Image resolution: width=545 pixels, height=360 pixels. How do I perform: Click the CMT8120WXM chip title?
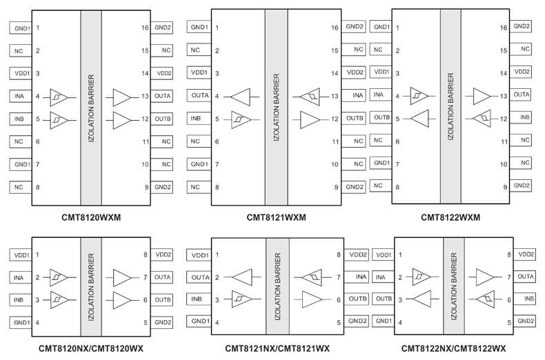(x=91, y=217)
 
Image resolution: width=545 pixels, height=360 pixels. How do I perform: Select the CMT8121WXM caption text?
(x=277, y=217)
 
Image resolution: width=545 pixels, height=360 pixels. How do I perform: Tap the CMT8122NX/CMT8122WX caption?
(x=453, y=348)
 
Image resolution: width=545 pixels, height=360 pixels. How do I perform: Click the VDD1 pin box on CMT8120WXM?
(x=21, y=73)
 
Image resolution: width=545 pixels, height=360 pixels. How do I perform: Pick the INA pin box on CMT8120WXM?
(x=21, y=97)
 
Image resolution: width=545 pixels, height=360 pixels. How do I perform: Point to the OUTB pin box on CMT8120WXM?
(x=161, y=119)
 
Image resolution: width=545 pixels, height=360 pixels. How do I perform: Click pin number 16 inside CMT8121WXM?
(x=335, y=28)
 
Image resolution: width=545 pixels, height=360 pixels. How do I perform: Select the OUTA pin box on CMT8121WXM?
(x=199, y=95)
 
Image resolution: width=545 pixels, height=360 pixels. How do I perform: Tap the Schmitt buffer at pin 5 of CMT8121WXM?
(x=241, y=120)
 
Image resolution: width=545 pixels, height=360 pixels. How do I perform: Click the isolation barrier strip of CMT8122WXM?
(x=450, y=106)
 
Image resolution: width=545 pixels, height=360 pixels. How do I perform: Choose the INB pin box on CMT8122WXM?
(x=521, y=117)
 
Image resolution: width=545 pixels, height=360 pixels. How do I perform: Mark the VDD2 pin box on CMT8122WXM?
(x=521, y=72)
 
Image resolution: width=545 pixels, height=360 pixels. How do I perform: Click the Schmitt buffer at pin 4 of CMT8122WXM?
(x=419, y=96)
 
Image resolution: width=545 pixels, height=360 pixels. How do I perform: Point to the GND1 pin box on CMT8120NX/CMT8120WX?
(x=21, y=323)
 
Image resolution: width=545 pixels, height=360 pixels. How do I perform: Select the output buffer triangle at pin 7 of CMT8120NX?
(x=122, y=278)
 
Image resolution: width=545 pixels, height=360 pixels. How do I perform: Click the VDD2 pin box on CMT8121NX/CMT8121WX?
(x=357, y=254)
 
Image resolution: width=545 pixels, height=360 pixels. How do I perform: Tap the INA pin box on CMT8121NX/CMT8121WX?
(x=357, y=277)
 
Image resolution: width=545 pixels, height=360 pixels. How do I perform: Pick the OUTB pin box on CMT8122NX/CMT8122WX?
(x=383, y=299)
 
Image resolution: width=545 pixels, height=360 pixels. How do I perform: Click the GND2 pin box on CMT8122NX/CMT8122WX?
(x=524, y=321)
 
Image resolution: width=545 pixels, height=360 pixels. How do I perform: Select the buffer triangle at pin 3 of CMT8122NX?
(x=422, y=299)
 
